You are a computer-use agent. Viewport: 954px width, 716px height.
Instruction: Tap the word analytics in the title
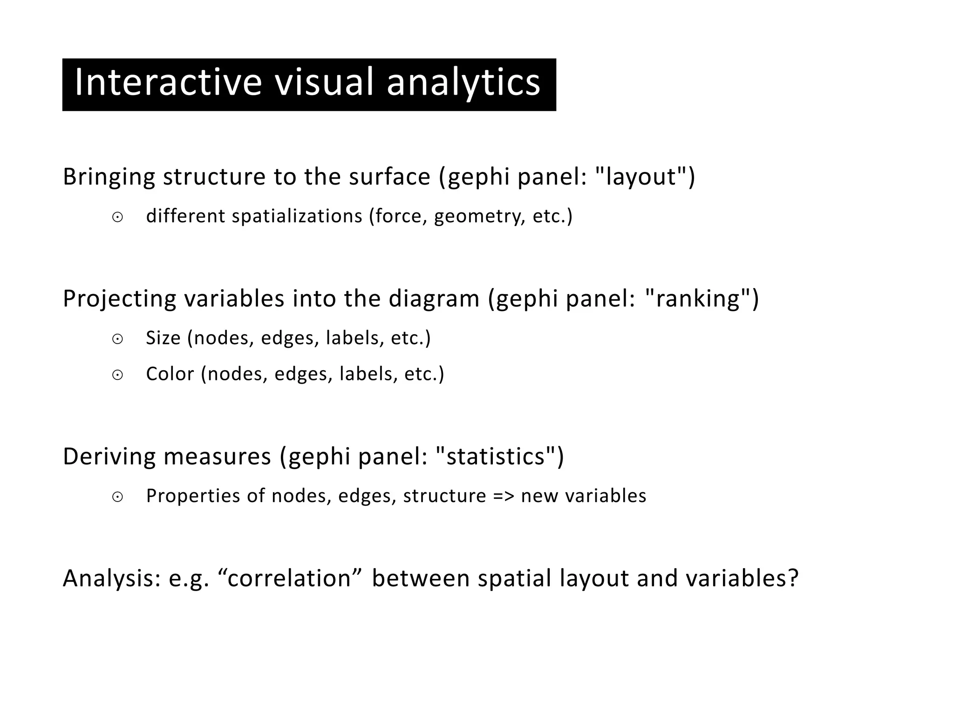tap(463, 83)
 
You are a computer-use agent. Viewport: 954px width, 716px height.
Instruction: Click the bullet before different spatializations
tap(118, 217)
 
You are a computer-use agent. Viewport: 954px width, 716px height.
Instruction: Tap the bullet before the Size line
tap(118, 339)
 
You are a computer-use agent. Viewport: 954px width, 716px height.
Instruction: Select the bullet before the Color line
tap(118, 375)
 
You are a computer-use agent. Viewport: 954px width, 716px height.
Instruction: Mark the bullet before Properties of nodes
tap(118, 497)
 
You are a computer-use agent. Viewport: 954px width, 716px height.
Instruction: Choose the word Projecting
tap(119, 299)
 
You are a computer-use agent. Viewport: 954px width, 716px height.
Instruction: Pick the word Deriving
tap(109, 456)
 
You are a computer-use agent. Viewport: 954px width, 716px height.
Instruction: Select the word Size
tap(163, 338)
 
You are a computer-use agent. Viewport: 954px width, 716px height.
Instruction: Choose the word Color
tap(170, 374)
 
